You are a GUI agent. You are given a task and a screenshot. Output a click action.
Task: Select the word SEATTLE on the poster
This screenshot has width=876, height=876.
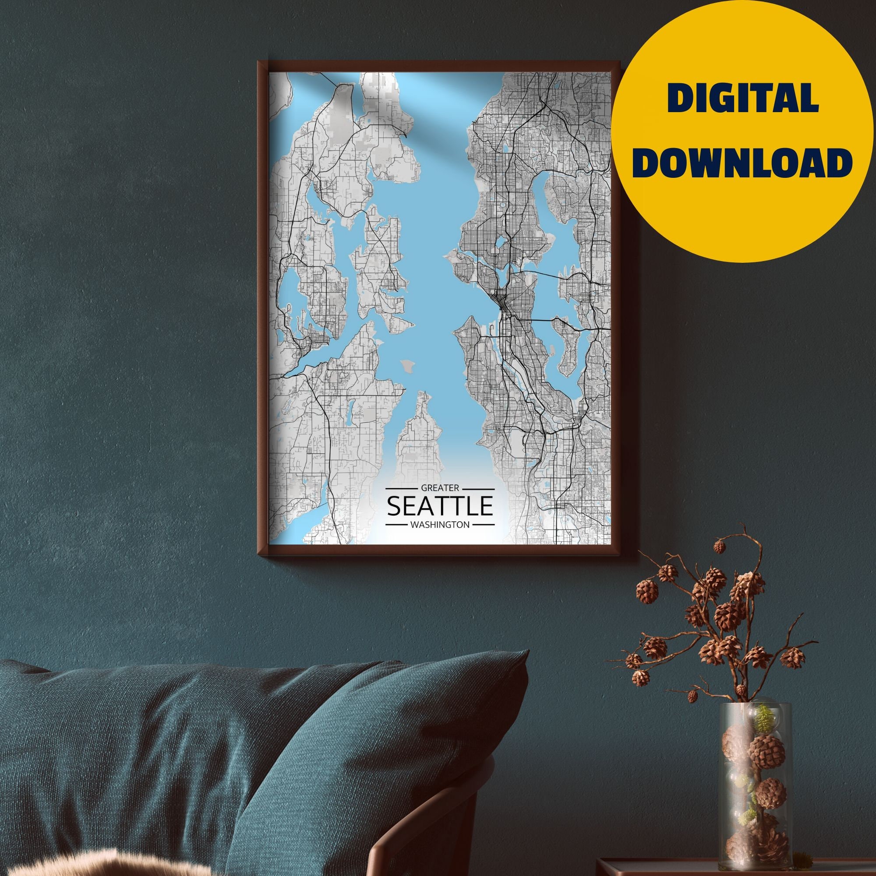pyautogui.click(x=439, y=506)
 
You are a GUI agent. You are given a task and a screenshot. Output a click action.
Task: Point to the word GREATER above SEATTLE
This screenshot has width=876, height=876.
pyautogui.click(x=440, y=488)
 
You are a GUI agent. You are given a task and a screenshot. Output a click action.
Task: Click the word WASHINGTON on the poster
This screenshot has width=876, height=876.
pyautogui.click(x=439, y=525)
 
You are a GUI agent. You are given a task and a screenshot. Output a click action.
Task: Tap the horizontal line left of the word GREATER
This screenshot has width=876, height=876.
pyautogui.click(x=401, y=489)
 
